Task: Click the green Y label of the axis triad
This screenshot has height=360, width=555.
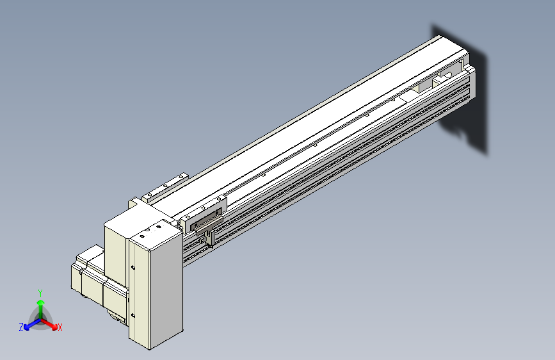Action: [x=40, y=293]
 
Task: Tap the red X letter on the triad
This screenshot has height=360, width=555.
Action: [x=60, y=328]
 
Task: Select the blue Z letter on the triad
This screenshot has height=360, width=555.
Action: [x=21, y=327]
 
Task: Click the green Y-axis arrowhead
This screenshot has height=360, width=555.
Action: [x=41, y=302]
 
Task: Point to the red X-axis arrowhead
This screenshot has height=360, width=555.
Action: [x=54, y=326]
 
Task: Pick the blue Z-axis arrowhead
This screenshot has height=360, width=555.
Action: [x=26, y=327]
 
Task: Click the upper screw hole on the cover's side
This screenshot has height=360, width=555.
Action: [x=133, y=268]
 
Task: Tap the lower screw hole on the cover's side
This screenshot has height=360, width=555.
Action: [x=133, y=315]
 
